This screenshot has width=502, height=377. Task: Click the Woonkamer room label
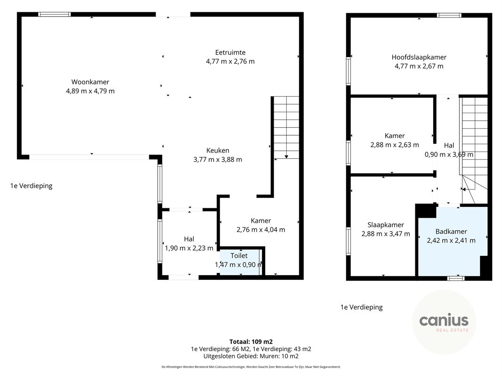coord(90,82)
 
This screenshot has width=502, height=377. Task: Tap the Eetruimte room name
coord(230,52)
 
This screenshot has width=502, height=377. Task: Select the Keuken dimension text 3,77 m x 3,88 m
coord(218,159)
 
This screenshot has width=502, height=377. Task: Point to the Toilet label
coord(239,255)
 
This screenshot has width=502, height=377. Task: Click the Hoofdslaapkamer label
coord(419,57)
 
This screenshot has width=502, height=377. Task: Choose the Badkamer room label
coord(451,231)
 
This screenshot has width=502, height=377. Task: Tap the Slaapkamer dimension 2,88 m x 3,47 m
coord(386,234)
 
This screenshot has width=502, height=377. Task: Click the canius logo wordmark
coord(444,320)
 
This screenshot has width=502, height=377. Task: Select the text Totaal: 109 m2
coord(251,342)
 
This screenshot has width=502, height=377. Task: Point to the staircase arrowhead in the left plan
coord(286,156)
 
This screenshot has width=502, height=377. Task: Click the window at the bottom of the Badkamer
coord(455,278)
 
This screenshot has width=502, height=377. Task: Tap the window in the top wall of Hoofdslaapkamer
coord(450,15)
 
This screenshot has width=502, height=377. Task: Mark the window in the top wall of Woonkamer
coord(55,15)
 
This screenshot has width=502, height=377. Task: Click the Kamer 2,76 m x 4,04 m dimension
coord(261,229)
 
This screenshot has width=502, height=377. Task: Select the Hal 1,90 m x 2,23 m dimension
coord(189,248)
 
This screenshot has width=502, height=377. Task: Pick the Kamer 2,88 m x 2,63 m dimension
coord(395,145)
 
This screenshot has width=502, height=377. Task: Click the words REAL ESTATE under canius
coord(453,330)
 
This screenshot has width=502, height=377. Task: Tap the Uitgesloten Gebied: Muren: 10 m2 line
coord(251,356)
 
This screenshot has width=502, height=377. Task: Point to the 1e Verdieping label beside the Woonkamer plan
coord(32,186)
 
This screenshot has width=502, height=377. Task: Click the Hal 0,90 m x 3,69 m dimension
coord(449,155)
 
